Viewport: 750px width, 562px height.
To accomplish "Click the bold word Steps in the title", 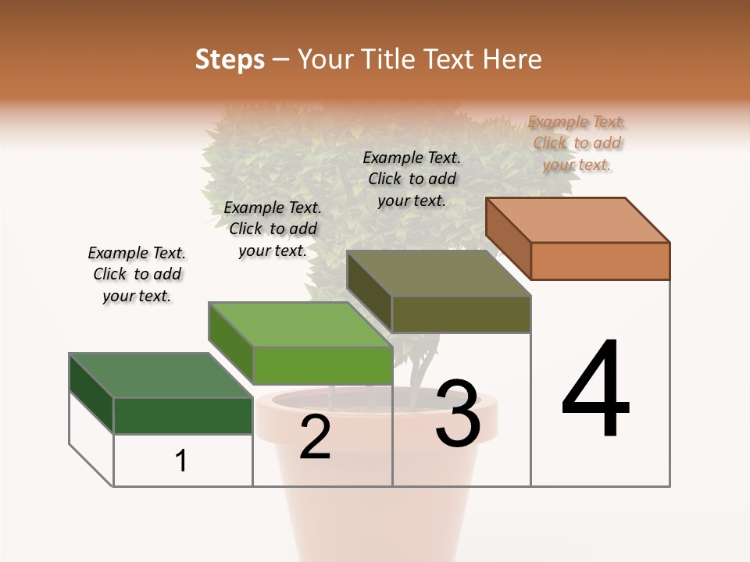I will pyautogui.click(x=230, y=59).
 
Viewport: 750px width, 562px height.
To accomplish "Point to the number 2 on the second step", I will pyautogui.click(x=316, y=437).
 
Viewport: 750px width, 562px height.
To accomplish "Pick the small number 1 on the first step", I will pyautogui.click(x=181, y=461).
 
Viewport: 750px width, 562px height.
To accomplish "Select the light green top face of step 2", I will pyautogui.click(x=300, y=324).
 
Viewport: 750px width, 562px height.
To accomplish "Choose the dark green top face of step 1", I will pyautogui.click(x=161, y=375).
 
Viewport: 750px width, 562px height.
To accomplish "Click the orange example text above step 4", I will pyautogui.click(x=577, y=143).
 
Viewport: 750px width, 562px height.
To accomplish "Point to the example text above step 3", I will pyautogui.click(x=412, y=179).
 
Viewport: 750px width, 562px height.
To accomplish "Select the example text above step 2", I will pyautogui.click(x=273, y=229).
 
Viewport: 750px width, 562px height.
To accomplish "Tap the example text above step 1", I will pyautogui.click(x=137, y=274).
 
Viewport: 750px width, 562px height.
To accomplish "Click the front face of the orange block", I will pyautogui.click(x=600, y=261).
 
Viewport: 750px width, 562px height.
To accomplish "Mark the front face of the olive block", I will pyautogui.click(x=461, y=315).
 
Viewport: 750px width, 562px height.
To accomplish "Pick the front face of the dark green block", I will pyautogui.click(x=183, y=415).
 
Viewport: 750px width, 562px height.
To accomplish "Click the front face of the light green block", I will pyautogui.click(x=322, y=365).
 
